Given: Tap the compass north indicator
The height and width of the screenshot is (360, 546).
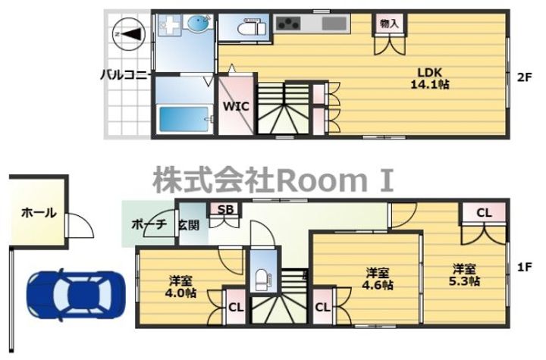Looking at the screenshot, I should click(125, 33).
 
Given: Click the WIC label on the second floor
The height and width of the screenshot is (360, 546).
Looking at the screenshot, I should click(236, 107).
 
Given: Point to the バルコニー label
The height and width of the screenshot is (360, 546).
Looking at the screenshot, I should click(127, 74).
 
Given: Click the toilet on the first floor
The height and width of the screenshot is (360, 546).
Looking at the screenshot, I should click(261, 277).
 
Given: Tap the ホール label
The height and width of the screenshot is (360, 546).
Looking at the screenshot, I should click(37, 213).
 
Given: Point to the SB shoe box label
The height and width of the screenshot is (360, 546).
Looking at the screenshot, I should click(225, 210).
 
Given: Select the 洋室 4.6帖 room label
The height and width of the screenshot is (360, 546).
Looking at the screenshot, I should click(377, 278).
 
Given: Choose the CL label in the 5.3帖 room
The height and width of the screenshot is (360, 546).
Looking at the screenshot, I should click(484, 213).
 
